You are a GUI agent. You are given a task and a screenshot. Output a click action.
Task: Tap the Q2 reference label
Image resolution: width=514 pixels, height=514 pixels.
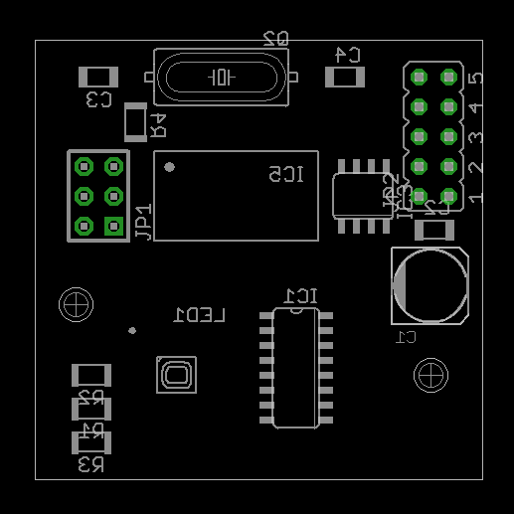point(275,39)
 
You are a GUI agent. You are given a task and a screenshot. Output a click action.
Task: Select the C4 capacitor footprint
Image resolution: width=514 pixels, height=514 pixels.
point(345,77)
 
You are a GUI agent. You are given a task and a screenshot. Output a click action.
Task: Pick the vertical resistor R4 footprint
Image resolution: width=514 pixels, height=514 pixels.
point(134,121)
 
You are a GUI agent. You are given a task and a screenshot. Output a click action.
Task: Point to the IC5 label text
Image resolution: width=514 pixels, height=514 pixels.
point(286,175)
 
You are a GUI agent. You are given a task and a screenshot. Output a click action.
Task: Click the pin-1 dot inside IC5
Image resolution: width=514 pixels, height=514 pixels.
point(170,167)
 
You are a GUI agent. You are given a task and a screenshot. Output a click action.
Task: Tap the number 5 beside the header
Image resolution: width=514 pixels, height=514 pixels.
point(477,78)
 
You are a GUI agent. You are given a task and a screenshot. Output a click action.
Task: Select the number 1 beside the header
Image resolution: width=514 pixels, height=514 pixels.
point(477,198)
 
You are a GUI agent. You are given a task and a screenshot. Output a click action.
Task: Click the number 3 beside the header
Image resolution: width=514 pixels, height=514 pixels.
point(477,137)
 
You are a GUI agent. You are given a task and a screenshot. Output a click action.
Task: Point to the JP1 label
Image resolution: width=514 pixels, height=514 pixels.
point(144,223)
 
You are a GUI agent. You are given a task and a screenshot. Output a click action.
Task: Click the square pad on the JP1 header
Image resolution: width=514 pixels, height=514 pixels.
point(114,226)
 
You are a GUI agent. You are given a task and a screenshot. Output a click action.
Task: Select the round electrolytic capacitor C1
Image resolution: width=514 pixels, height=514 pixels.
point(430,286)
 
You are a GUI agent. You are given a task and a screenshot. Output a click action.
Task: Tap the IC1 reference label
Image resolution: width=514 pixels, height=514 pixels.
point(301,296)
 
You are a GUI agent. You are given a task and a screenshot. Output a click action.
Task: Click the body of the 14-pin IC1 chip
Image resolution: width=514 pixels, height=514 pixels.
point(295,368)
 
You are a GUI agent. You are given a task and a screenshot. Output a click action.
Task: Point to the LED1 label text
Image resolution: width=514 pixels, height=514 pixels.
point(199,315)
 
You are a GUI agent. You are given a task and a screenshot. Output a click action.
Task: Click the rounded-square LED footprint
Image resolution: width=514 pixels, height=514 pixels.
point(176,375)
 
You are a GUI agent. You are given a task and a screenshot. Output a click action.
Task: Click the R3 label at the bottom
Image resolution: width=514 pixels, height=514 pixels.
point(91,464)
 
